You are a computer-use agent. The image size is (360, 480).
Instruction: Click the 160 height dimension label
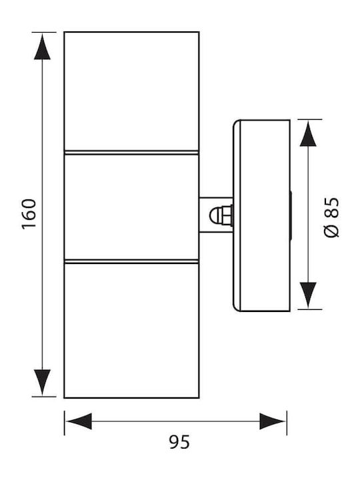click(29, 214)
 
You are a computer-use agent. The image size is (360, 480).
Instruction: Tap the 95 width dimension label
click(179, 442)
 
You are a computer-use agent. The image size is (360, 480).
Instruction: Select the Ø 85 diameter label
click(331, 217)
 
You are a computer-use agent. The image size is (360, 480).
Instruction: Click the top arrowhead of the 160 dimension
click(42, 46)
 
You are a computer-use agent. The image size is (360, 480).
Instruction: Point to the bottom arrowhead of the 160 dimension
click(42, 383)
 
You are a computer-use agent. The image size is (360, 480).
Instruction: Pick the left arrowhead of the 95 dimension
click(79, 421)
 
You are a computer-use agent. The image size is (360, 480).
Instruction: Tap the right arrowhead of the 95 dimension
click(273, 421)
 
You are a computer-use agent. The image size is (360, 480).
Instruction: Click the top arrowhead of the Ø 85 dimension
click(308, 133)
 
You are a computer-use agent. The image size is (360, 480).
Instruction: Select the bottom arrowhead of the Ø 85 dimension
click(308, 295)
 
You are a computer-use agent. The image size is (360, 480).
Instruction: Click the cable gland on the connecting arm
click(221, 215)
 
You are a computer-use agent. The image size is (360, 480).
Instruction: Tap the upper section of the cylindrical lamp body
click(131, 91)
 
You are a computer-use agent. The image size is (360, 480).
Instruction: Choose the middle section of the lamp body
click(131, 207)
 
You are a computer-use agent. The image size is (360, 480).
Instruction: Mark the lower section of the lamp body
click(131, 331)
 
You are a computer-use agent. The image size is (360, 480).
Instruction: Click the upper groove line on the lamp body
click(131, 153)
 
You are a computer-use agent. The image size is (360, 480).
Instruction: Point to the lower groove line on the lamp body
click(131, 261)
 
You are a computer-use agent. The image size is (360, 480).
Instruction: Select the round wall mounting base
click(261, 215)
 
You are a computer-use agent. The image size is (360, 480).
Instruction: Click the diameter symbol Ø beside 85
click(331, 231)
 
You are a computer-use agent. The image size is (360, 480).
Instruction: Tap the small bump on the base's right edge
click(291, 215)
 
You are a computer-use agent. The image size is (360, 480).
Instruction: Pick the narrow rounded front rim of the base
click(237, 215)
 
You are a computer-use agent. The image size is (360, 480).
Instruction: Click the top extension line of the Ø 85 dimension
click(310, 119)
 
